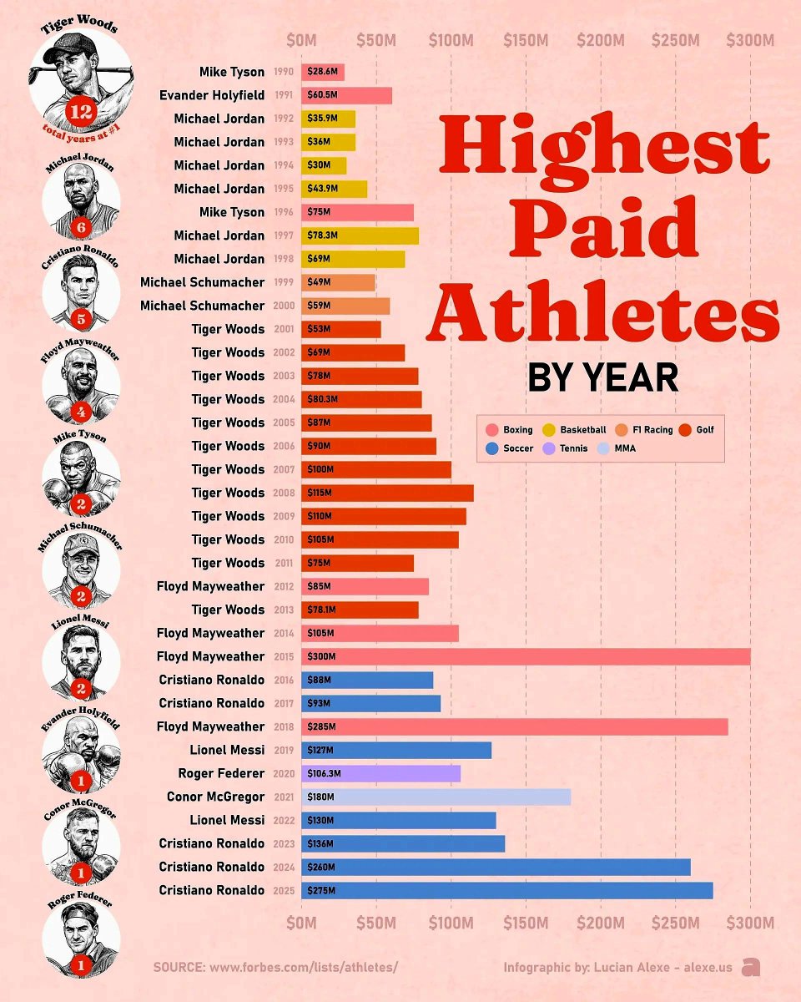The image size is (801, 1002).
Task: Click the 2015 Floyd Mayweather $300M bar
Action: (x=526, y=656)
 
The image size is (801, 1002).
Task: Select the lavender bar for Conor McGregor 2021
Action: (x=436, y=797)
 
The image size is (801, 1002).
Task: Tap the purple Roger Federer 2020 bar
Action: (x=380, y=773)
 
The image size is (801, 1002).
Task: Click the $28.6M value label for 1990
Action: (x=321, y=73)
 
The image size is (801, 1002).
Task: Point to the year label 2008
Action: (x=284, y=493)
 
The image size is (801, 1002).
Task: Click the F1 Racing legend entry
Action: (x=650, y=430)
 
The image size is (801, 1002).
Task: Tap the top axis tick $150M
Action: (x=526, y=39)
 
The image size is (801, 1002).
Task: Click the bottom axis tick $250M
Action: (x=676, y=923)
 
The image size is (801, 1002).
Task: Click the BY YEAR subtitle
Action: (x=602, y=378)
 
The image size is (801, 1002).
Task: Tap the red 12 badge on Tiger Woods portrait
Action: (x=82, y=113)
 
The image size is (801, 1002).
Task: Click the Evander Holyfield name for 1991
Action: (x=212, y=95)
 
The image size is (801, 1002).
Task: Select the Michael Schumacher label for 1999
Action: (x=202, y=282)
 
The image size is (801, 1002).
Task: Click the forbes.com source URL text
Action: (x=303, y=967)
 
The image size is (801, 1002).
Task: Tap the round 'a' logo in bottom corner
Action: (x=751, y=967)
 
